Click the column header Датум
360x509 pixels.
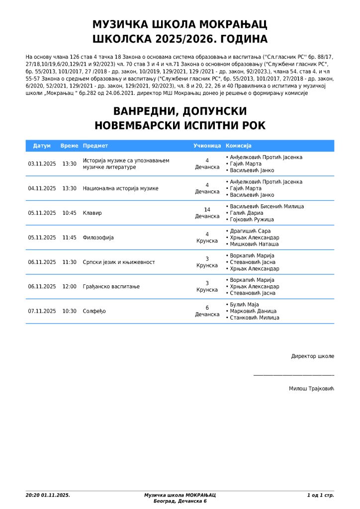pos(42,146)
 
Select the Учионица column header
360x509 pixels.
pos(207,146)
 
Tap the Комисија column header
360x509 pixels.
pos(239,146)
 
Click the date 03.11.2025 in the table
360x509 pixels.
pos(42,164)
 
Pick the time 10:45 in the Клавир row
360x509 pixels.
pos(70,213)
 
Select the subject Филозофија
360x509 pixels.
pos(98,238)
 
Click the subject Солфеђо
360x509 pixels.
pos(94,311)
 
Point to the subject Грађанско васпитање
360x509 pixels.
pos(111,286)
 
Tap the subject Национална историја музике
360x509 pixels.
pos(121,188)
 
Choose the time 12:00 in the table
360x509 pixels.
pos(70,286)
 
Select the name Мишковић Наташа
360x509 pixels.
pos(254,244)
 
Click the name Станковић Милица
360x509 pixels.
pos(254,318)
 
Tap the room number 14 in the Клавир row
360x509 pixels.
pos(207,210)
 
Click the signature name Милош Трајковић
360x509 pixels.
pos(311,388)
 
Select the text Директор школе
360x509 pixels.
pos(312,356)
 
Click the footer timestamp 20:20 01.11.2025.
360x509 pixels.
pos(48,495)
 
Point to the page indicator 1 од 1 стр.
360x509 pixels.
pos(320,495)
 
